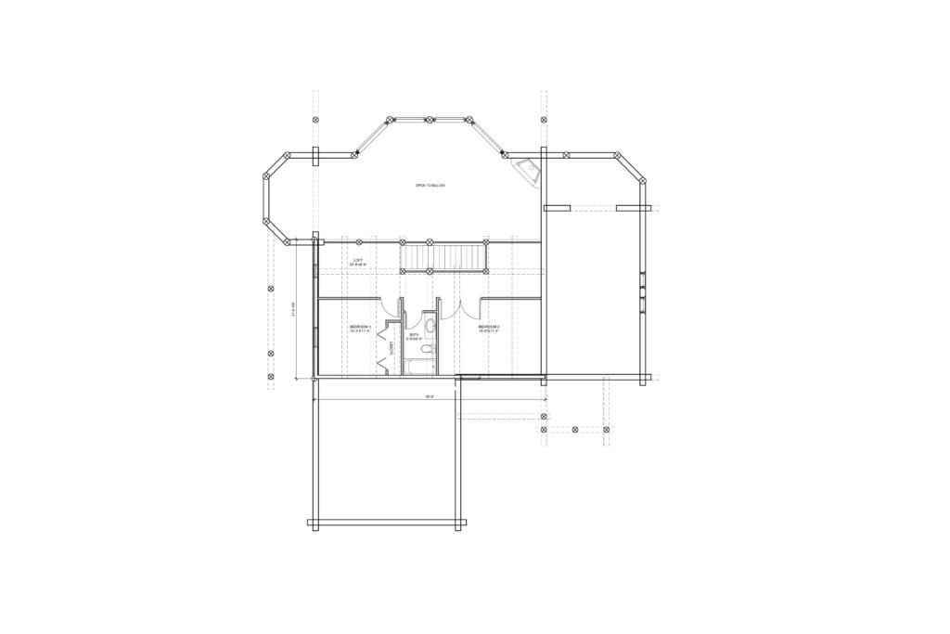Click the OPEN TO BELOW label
coord(430,187)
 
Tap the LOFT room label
coord(357,260)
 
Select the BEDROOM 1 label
coord(360,327)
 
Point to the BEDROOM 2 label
coord(489,327)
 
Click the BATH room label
coord(415,334)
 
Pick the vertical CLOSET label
coord(392,348)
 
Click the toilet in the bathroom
coord(428,350)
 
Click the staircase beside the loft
coord(443,255)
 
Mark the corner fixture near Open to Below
coord(529,171)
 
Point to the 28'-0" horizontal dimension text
coord(430,396)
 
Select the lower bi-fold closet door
coord(384,363)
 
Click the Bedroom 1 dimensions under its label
coord(360,331)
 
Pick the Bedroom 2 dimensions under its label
coord(489,331)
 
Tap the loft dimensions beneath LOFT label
coord(358,265)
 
